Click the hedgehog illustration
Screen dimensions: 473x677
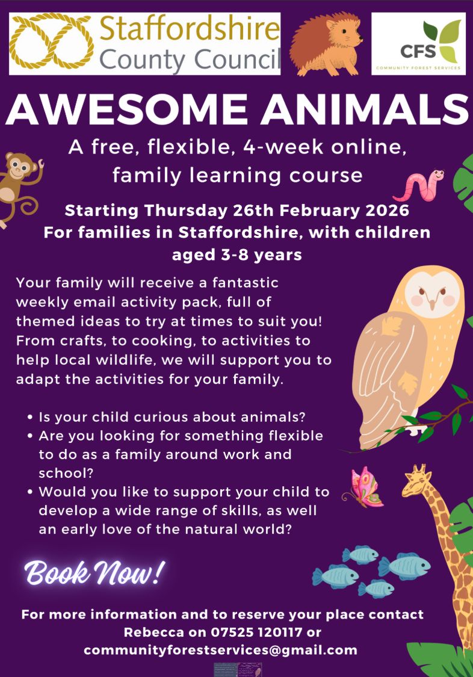coord(326,45)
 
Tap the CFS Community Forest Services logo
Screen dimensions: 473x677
coord(418,43)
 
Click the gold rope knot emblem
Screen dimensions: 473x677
coord(51,42)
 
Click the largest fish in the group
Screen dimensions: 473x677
coord(404,566)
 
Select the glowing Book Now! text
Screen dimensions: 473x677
coord(94,573)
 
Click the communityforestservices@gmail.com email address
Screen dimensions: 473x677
coord(220,651)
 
